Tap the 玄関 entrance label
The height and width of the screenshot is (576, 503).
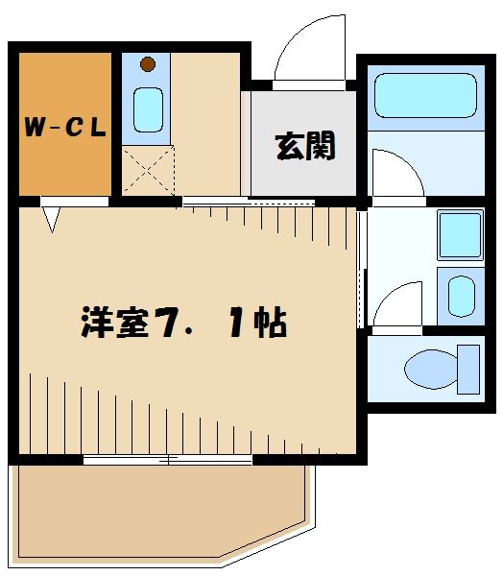(305, 146)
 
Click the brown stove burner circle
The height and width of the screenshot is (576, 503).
(147, 65)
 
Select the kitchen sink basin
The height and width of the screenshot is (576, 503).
(147, 109)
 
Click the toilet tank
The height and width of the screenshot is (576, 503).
(468, 368)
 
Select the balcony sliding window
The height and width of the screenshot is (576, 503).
(168, 460)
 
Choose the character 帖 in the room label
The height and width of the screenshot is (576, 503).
(270, 324)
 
